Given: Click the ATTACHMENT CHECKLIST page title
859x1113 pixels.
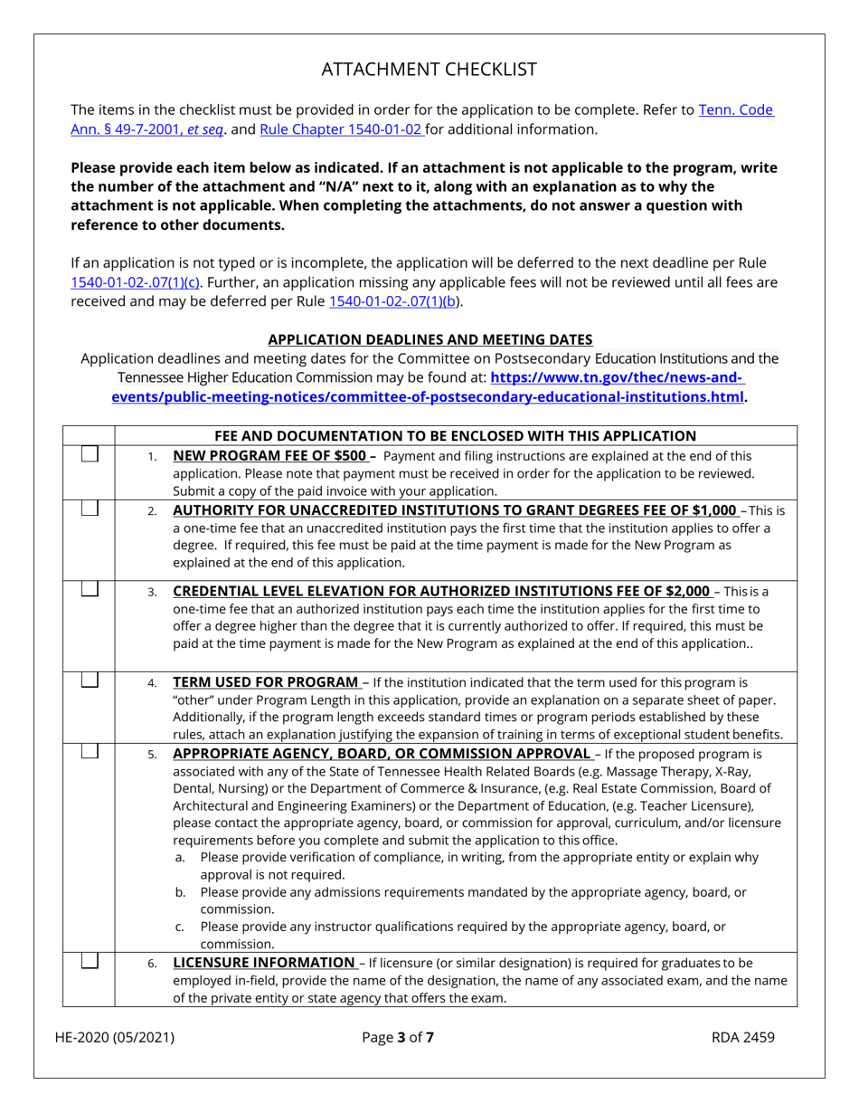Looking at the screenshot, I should tap(429, 70).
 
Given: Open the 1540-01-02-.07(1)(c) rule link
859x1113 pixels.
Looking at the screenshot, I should tap(136, 281).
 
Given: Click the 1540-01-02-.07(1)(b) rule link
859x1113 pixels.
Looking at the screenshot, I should tap(402, 301).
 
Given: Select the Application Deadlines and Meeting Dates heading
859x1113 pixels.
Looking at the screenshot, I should tap(430, 340).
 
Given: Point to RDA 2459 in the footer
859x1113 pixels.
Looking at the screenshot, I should tap(744, 1038).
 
